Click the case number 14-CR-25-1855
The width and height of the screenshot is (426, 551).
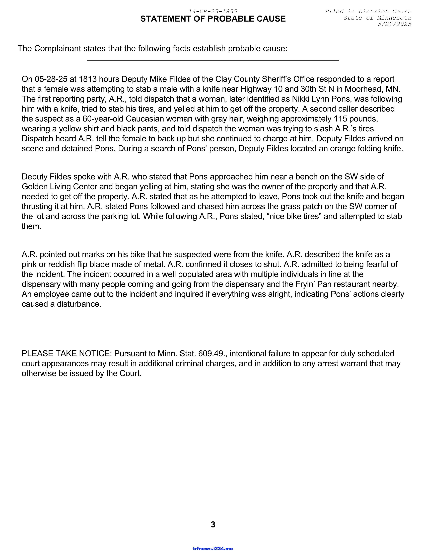tap(213, 12)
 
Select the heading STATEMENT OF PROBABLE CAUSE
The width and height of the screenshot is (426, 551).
tap(213, 19)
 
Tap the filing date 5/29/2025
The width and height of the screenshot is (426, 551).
tap(394, 24)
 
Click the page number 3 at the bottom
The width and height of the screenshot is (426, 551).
tap(213, 524)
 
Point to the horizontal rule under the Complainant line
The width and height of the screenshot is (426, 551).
tap(213, 60)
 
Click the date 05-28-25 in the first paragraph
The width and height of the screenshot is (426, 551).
tap(51, 79)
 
